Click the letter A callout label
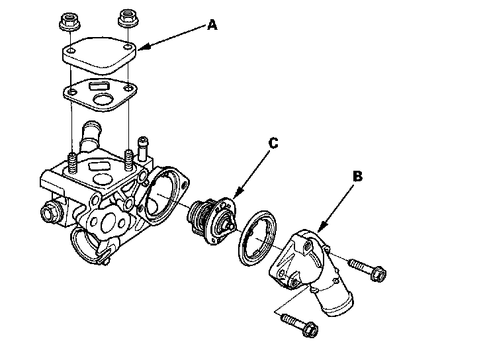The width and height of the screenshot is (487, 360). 212,25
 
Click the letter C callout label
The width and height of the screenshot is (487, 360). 273,142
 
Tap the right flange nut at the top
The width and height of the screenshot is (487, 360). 126,20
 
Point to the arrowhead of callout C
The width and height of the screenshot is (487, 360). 234,198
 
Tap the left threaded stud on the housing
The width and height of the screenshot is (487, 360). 71,163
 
